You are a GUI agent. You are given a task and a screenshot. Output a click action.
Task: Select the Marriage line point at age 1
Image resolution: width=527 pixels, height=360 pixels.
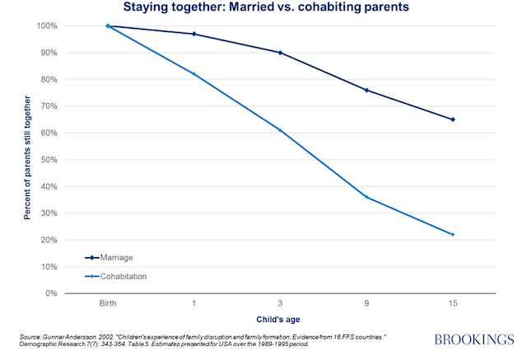tap(194, 34)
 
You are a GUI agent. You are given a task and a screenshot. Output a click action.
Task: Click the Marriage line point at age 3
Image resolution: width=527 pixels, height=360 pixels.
tap(280, 53)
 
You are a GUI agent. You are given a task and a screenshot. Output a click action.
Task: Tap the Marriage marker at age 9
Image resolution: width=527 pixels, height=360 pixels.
tap(366, 90)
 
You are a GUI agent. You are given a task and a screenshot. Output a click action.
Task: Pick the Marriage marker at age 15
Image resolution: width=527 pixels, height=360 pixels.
tap(452, 119)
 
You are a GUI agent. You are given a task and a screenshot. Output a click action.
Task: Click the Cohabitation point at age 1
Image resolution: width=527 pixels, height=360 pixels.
tap(194, 74)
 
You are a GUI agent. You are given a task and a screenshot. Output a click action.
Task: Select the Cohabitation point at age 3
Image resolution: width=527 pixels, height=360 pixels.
tap(280, 130)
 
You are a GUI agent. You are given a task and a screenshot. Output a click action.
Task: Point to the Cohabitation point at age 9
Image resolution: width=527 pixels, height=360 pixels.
tap(366, 197)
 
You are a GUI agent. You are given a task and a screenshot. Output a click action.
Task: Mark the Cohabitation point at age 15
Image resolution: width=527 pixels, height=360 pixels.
tap(452, 235)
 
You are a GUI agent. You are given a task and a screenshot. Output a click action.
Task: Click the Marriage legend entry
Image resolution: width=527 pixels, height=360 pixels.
tap(114, 258)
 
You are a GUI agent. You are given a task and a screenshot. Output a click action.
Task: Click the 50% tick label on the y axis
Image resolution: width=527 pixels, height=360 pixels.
tap(50, 160)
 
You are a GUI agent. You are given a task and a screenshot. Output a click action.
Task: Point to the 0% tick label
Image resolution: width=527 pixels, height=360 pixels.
tap(53, 293)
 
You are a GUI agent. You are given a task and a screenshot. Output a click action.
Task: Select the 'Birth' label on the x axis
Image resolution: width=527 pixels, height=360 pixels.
tap(108, 304)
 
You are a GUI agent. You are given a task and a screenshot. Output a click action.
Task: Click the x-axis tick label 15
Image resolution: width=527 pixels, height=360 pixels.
tap(452, 304)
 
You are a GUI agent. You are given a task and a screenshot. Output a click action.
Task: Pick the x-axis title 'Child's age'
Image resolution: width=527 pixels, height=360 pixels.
tap(280, 319)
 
